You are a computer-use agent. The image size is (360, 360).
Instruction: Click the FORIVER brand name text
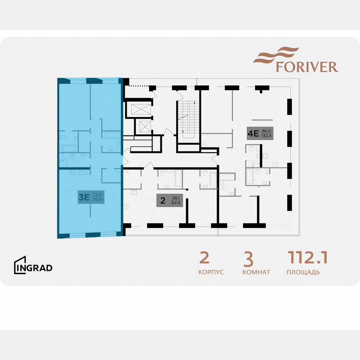tap(307, 67)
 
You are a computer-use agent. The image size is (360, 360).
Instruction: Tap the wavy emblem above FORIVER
tap(276, 55)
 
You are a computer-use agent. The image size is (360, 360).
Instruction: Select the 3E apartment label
tap(90, 197)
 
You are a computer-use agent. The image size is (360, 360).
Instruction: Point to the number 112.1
tap(307, 258)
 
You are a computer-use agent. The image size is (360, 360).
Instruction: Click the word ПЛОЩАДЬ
tap(303, 272)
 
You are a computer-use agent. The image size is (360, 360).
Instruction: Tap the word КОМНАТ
tap(256, 272)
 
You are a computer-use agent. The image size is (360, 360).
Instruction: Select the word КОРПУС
tap(211, 272)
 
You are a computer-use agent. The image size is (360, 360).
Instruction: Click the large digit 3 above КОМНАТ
tap(248, 259)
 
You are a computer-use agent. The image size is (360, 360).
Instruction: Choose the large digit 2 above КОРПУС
tap(204, 258)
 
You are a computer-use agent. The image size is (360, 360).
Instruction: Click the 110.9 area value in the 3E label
tap(98, 200)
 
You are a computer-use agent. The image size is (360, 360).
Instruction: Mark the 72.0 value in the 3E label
tap(97, 195)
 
